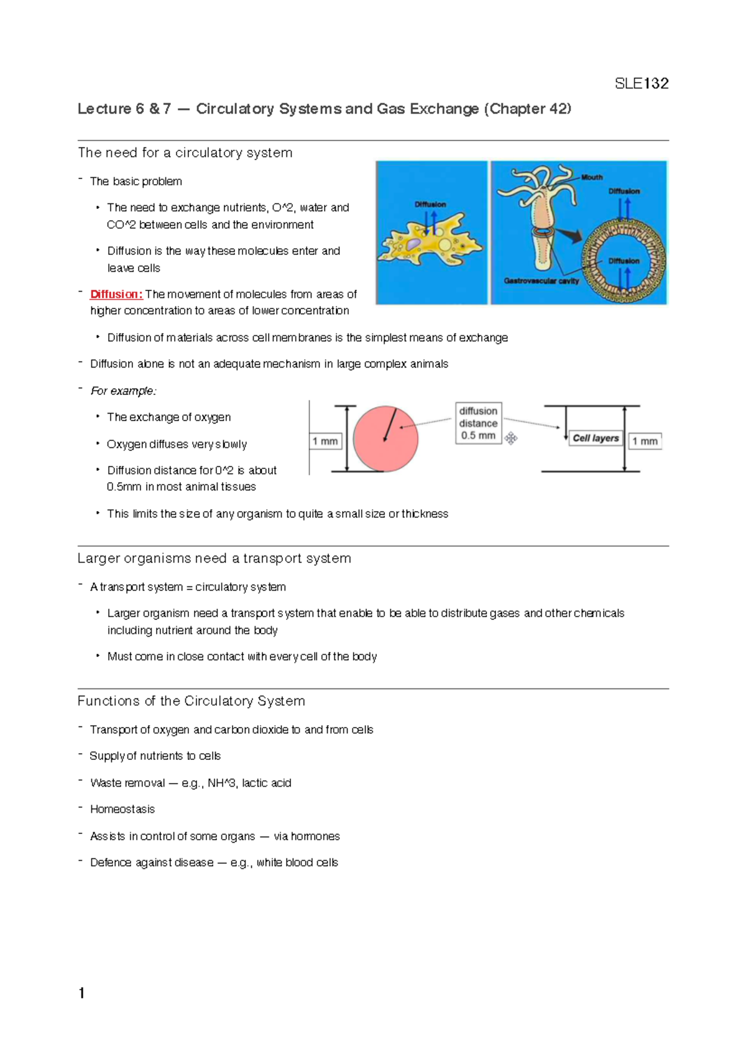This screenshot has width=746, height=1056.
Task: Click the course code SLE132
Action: coord(641,84)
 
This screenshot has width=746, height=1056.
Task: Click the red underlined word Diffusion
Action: coord(116,294)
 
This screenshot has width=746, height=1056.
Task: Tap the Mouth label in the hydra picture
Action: coord(592,177)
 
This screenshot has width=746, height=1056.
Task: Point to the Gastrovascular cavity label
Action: coord(541,281)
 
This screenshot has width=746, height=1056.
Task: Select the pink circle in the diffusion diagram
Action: coord(385,439)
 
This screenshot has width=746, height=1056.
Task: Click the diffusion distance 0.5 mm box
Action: coord(478,423)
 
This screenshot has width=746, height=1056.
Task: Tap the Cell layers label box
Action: coord(596,438)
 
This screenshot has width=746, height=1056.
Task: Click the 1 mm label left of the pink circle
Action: coord(325,442)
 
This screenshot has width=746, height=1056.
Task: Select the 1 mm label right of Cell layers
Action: coord(645,442)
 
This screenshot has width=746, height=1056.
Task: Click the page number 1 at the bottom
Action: coord(81,993)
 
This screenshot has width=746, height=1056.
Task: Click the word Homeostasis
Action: coord(122,809)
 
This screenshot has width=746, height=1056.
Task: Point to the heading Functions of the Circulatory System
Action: coord(191,701)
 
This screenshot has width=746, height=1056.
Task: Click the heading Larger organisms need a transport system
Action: coord(214,558)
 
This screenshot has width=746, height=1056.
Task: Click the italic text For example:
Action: coord(123,391)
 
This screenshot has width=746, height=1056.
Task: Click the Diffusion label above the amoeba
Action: coord(430,204)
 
